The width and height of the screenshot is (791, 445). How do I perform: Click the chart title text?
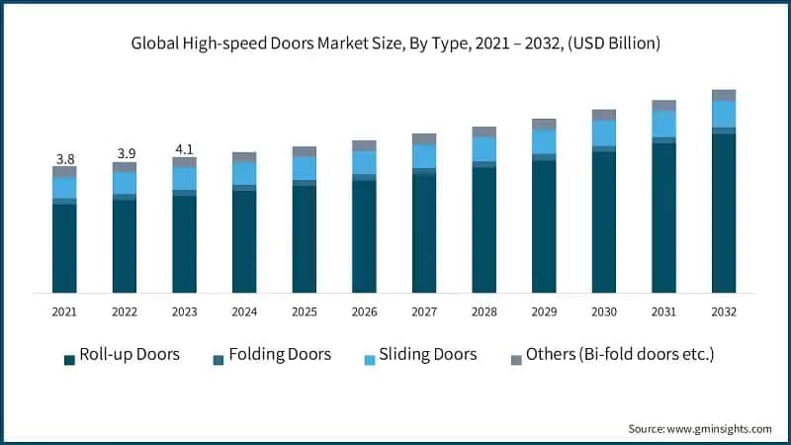[395, 44]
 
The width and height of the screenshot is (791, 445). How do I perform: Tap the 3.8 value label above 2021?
[64, 158]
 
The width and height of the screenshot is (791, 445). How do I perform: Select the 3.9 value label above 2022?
[125, 153]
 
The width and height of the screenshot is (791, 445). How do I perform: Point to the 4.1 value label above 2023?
[184, 149]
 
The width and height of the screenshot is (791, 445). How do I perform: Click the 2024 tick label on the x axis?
[244, 311]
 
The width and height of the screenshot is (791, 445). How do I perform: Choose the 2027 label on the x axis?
[424, 311]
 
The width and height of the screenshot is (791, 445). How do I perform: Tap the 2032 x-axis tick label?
[724, 311]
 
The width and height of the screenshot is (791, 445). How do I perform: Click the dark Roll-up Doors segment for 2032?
[724, 213]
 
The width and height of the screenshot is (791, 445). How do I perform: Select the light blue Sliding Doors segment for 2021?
[64, 187]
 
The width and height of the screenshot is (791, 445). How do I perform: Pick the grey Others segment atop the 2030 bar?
[604, 115]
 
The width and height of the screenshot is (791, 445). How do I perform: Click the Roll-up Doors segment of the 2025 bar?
[305, 238]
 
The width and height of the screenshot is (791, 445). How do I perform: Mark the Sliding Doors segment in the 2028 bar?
[484, 148]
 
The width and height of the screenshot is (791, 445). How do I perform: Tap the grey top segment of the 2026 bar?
[364, 145]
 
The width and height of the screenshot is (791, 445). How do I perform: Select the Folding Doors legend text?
[280, 354]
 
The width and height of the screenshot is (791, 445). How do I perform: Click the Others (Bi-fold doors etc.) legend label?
[620, 354]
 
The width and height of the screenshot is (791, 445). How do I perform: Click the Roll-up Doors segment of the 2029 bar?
[544, 225]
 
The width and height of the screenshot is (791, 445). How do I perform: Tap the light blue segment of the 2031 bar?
[664, 124]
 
